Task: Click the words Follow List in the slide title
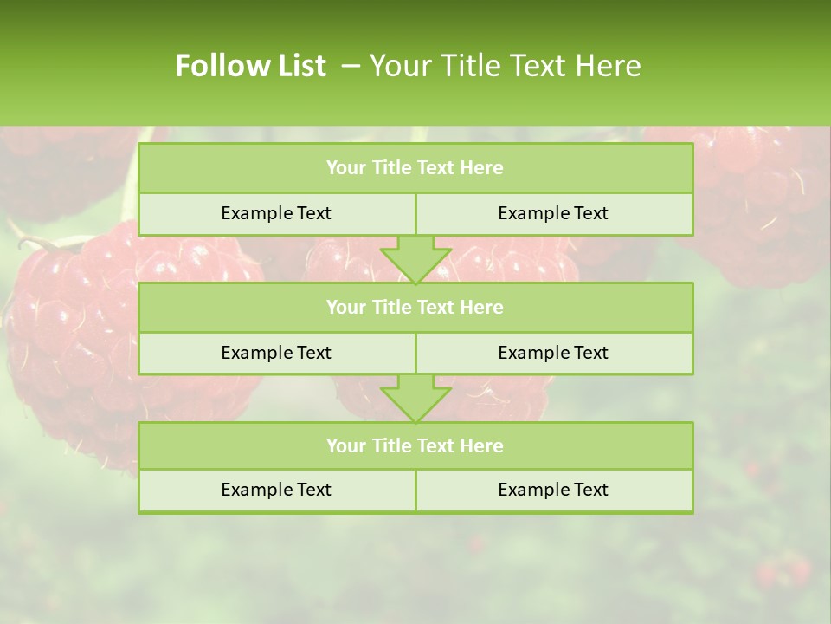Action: pyautogui.click(x=250, y=66)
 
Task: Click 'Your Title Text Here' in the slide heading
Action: pyautogui.click(x=505, y=66)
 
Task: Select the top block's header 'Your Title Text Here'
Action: pyautogui.click(x=415, y=168)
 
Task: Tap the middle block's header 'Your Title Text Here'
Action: pyautogui.click(x=415, y=307)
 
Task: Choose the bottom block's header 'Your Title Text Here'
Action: pyautogui.click(x=415, y=445)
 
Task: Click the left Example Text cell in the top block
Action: pyautogui.click(x=276, y=213)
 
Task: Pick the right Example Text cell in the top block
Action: pyautogui.click(x=553, y=213)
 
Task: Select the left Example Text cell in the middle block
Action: pyautogui.click(x=276, y=353)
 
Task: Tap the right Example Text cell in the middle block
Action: pyautogui.click(x=553, y=353)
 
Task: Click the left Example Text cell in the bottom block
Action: pyautogui.click(x=276, y=490)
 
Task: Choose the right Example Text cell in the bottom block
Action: pyautogui.click(x=553, y=490)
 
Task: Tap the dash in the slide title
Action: pyautogui.click(x=351, y=66)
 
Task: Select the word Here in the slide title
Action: pyautogui.click(x=611, y=66)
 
